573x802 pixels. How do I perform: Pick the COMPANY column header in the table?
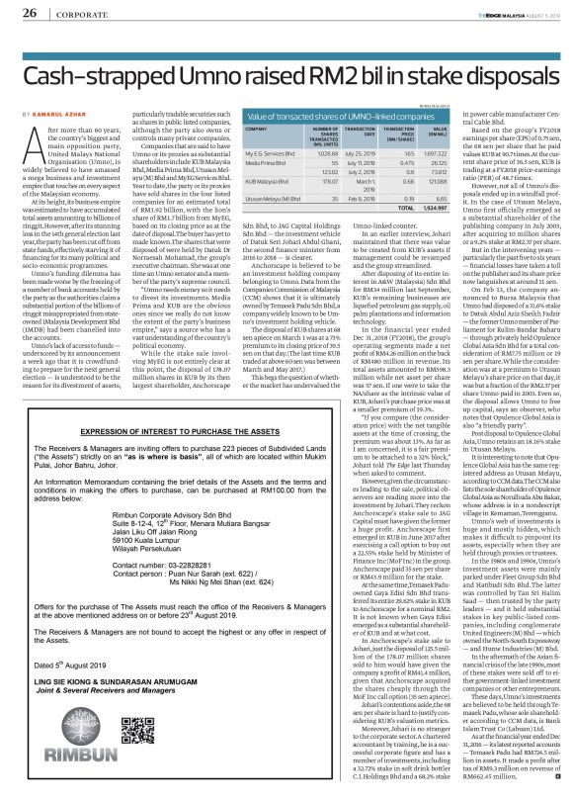tap(258, 130)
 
